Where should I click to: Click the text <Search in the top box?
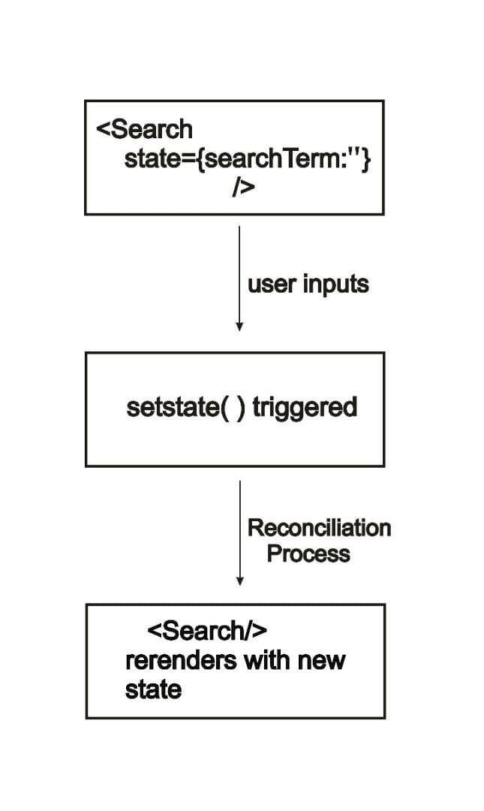[x=144, y=129]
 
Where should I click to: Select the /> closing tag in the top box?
[x=243, y=188]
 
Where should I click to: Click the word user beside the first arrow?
[x=272, y=285]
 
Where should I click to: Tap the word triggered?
[x=305, y=408]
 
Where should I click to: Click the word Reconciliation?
[x=319, y=528]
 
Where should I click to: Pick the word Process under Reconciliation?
[x=308, y=554]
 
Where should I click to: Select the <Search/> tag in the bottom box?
[x=207, y=631]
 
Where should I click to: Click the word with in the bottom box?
[x=265, y=661]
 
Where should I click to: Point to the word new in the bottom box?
[x=321, y=661]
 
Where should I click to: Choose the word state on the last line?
[x=153, y=689]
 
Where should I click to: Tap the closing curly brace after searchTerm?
[x=365, y=160]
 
